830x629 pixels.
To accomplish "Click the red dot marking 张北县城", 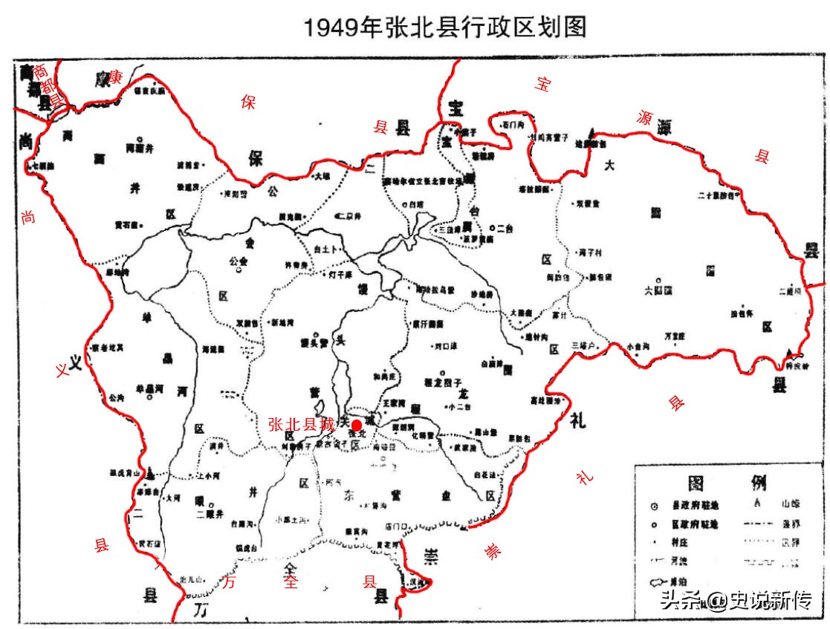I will [357, 425].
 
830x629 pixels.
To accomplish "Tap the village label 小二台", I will [461, 407].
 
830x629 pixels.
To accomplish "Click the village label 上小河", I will [208, 475].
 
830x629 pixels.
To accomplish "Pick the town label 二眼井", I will [210, 513].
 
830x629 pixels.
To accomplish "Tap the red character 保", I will [247, 103].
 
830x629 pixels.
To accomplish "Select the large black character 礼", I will [577, 422].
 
